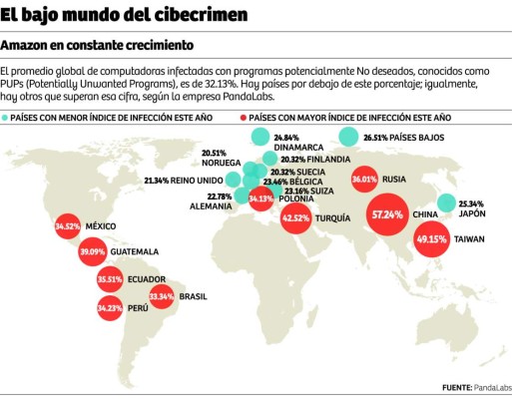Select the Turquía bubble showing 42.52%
[x=296, y=217]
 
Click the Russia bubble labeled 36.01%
[x=364, y=181]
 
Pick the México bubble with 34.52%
[x=67, y=227]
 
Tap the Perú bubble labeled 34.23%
[x=110, y=308]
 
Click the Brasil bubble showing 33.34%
[x=162, y=295]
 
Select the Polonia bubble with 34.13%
[x=260, y=198]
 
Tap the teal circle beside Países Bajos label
[x=350, y=138]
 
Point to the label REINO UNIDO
[x=198, y=181]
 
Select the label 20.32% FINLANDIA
[x=314, y=159]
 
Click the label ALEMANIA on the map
[x=211, y=205]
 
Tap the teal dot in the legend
[x=6, y=117]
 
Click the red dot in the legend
[x=244, y=117]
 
